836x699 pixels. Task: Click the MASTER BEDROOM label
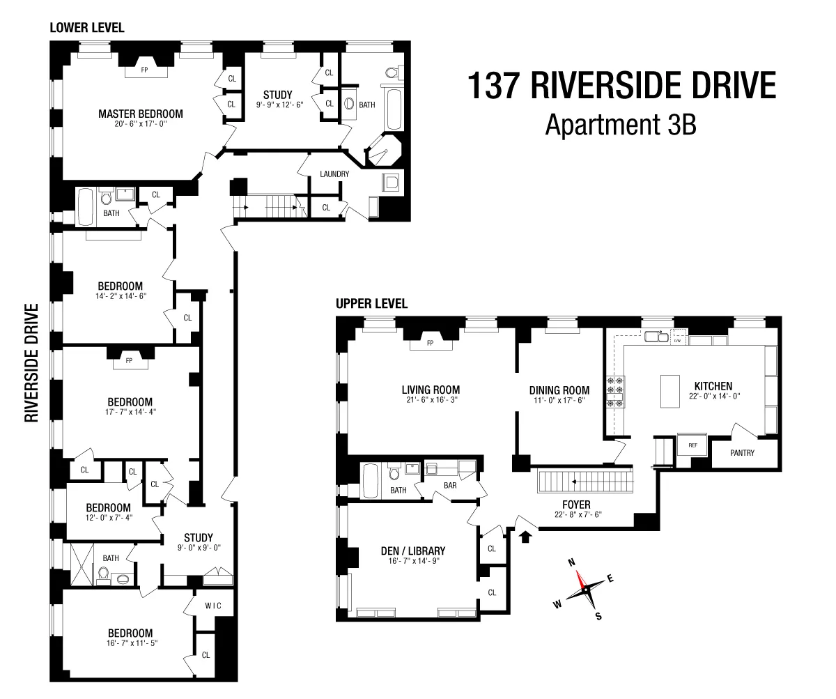pyautogui.click(x=140, y=114)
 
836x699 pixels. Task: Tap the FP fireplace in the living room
pyautogui.click(x=430, y=343)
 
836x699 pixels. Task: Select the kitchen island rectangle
pyautogui.click(x=669, y=392)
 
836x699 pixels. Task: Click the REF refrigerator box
pyautogui.click(x=692, y=445)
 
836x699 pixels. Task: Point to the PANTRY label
pyautogui.click(x=742, y=452)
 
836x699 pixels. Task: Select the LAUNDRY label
pyautogui.click(x=334, y=174)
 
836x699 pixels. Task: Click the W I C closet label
pyautogui.click(x=213, y=606)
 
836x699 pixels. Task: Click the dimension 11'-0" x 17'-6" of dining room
pyautogui.click(x=559, y=401)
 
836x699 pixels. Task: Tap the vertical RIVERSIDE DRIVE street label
pyautogui.click(x=31, y=362)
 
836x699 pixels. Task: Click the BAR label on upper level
pyautogui.click(x=449, y=485)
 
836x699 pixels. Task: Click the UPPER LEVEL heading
pyautogui.click(x=371, y=304)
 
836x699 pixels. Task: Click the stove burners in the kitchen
pyautogui.click(x=617, y=392)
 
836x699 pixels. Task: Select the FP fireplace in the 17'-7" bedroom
pyautogui.click(x=129, y=360)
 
